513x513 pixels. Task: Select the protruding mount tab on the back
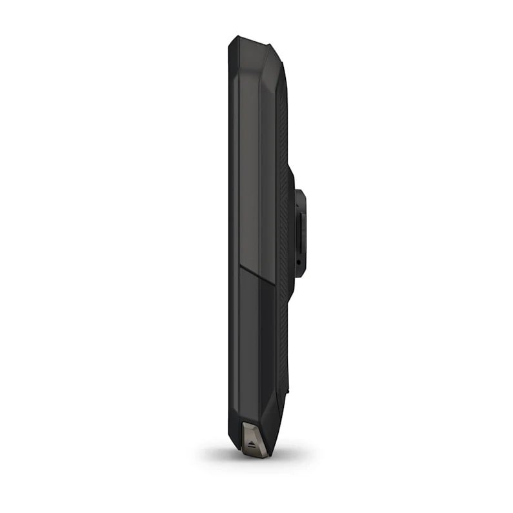click(x=299, y=232)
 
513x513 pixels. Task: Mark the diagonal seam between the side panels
click(x=258, y=274)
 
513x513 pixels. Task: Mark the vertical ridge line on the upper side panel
click(x=259, y=161)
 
